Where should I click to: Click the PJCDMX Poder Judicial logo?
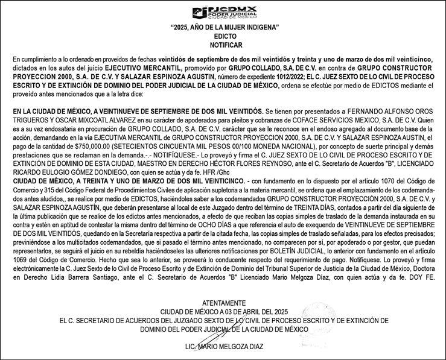coord(223,11)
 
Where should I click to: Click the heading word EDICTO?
coord(223,37)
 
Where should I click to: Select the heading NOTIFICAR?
coord(223,45)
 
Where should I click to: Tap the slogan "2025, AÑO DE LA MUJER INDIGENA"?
coord(223,28)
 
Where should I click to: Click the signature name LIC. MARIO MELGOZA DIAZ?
coord(224,348)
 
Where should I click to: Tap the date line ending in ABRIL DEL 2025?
coord(224,312)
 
